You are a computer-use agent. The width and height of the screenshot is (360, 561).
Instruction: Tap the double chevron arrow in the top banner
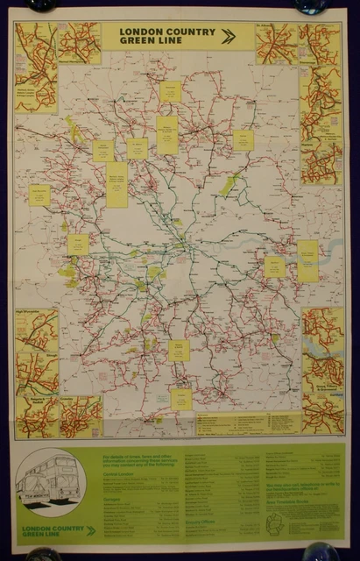pos(229,36)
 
